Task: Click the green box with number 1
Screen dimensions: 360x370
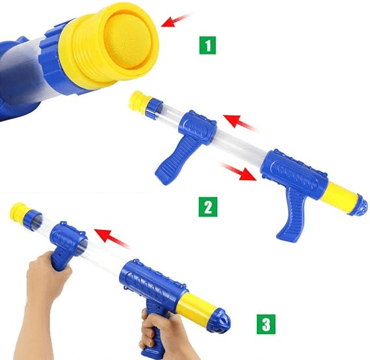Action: [207, 47]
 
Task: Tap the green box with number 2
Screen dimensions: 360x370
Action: [207, 208]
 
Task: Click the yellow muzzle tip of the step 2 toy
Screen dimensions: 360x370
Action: [138, 99]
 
